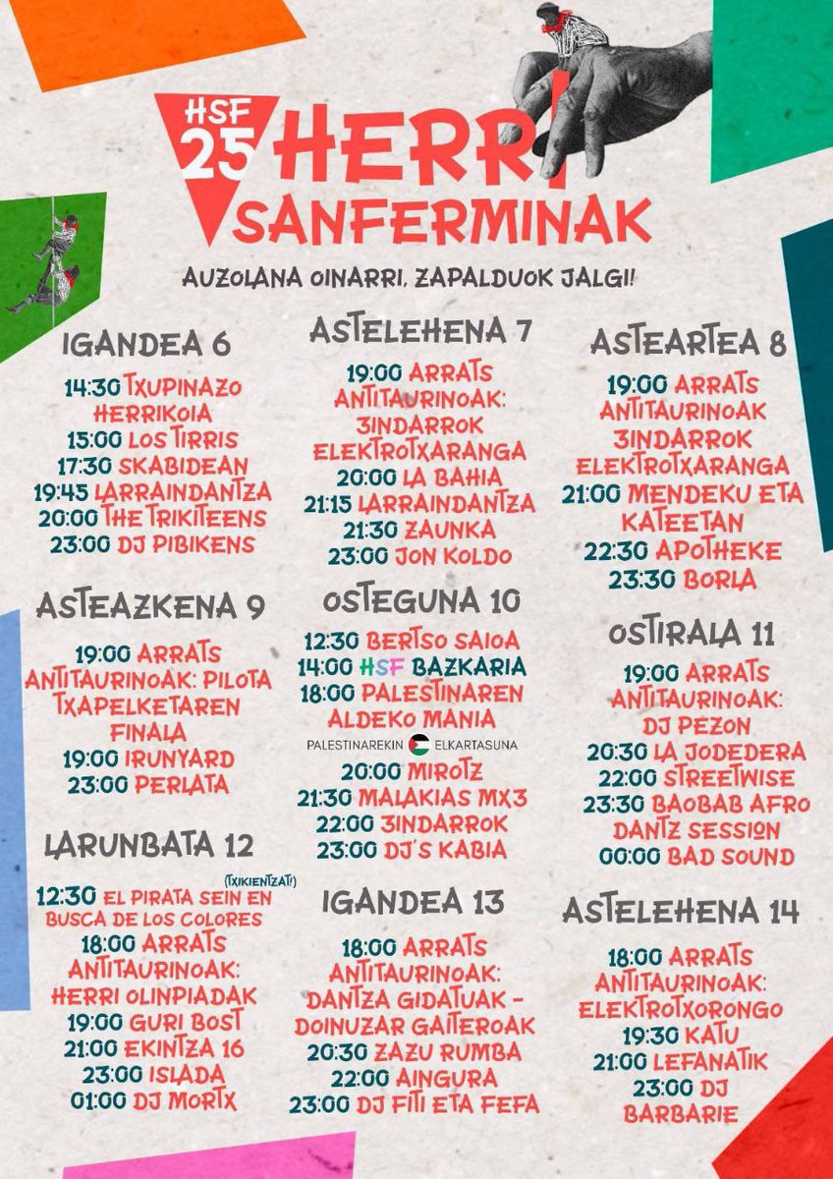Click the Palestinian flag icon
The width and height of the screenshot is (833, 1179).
click(x=419, y=745)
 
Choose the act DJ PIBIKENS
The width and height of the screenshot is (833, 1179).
click(x=186, y=543)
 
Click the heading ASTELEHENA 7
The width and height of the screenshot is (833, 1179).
click(x=421, y=330)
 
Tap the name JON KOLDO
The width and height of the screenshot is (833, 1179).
click(x=453, y=556)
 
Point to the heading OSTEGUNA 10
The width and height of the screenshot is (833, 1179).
click(x=422, y=600)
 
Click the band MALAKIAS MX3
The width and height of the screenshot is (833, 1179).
click(x=441, y=797)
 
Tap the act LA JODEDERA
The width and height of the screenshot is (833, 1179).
click(x=729, y=753)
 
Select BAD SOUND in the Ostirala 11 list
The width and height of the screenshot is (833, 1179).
click(x=731, y=857)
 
